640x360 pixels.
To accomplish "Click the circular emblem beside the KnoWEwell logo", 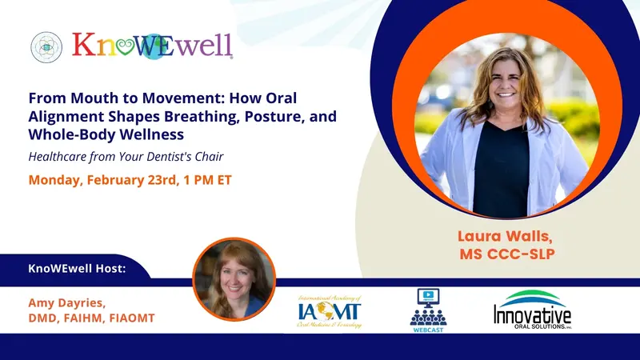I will (x=46, y=47).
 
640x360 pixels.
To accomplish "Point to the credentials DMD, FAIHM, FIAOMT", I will (x=90, y=318).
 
